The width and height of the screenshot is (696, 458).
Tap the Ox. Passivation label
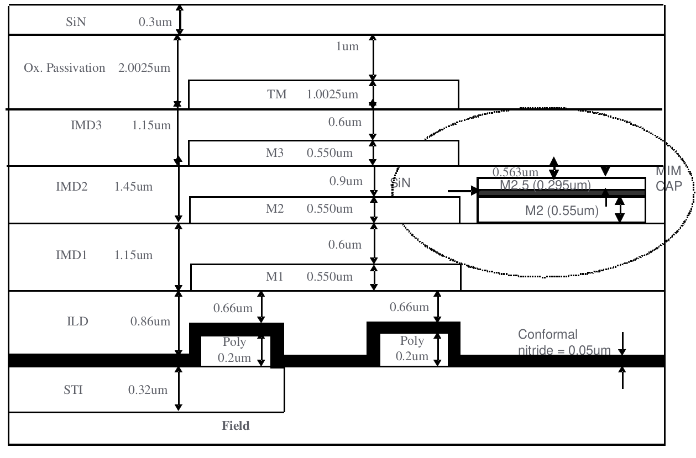pyautogui.click(x=65, y=69)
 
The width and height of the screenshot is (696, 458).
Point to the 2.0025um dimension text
pyautogui.click(x=145, y=69)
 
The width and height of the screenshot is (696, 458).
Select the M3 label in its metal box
pyautogui.click(x=275, y=153)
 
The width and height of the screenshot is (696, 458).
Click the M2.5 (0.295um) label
pyautogui.click(x=546, y=185)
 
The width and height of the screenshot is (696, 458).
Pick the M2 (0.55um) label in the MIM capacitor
pyautogui.click(x=562, y=210)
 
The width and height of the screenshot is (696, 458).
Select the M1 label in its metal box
pyautogui.click(x=275, y=277)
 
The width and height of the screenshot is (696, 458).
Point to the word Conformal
pyautogui.click(x=547, y=334)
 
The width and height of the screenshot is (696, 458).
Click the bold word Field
pyautogui.click(x=236, y=426)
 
